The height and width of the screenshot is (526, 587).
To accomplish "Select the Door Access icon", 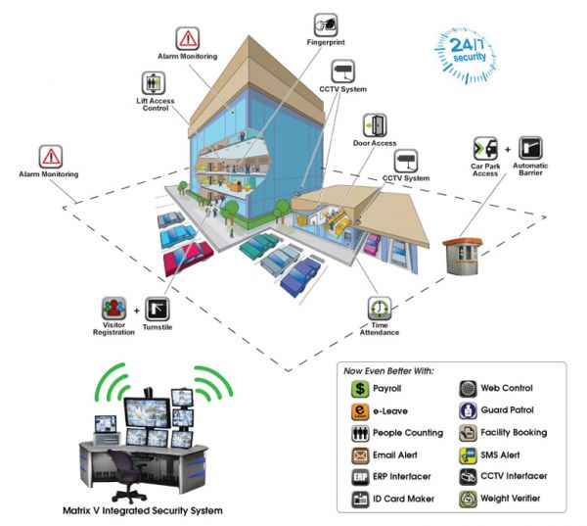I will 376,125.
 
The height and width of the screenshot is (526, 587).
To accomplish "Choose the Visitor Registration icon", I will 113,309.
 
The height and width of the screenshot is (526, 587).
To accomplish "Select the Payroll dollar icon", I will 357,389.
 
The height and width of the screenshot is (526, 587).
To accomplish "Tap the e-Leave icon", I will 357,410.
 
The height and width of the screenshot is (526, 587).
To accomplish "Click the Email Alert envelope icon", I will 357,454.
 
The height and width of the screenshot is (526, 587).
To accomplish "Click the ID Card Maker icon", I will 357,499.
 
